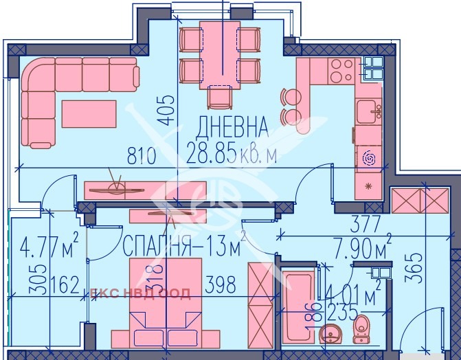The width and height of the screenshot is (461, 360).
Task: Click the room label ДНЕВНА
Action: point(232,126)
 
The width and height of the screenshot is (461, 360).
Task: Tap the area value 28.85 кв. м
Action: point(232,155)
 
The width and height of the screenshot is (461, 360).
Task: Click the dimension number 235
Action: point(342,313)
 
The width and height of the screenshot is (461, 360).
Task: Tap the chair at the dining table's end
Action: point(220,97)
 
